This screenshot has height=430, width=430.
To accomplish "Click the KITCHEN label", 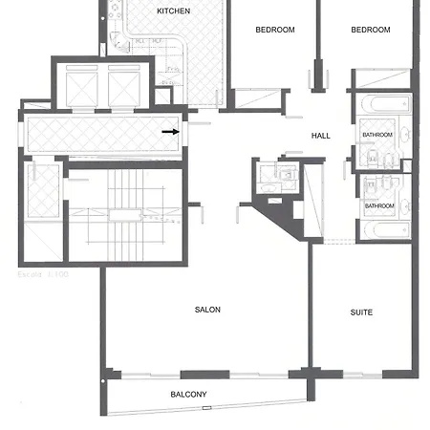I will [x=173, y=11].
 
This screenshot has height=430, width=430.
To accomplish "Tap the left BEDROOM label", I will [x=275, y=30].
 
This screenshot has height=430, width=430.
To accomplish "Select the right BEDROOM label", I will [x=371, y=30].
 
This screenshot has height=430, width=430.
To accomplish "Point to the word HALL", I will [x=321, y=136].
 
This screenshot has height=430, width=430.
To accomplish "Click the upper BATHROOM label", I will [x=376, y=136].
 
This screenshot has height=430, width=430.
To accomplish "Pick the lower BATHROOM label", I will [x=378, y=205].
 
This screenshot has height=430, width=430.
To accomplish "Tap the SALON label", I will [x=207, y=311].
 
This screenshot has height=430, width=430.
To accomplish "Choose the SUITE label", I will [x=361, y=312].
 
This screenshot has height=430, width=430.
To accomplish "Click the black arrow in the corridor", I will [x=170, y=132].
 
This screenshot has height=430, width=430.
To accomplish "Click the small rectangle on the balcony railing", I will [x=205, y=408].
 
